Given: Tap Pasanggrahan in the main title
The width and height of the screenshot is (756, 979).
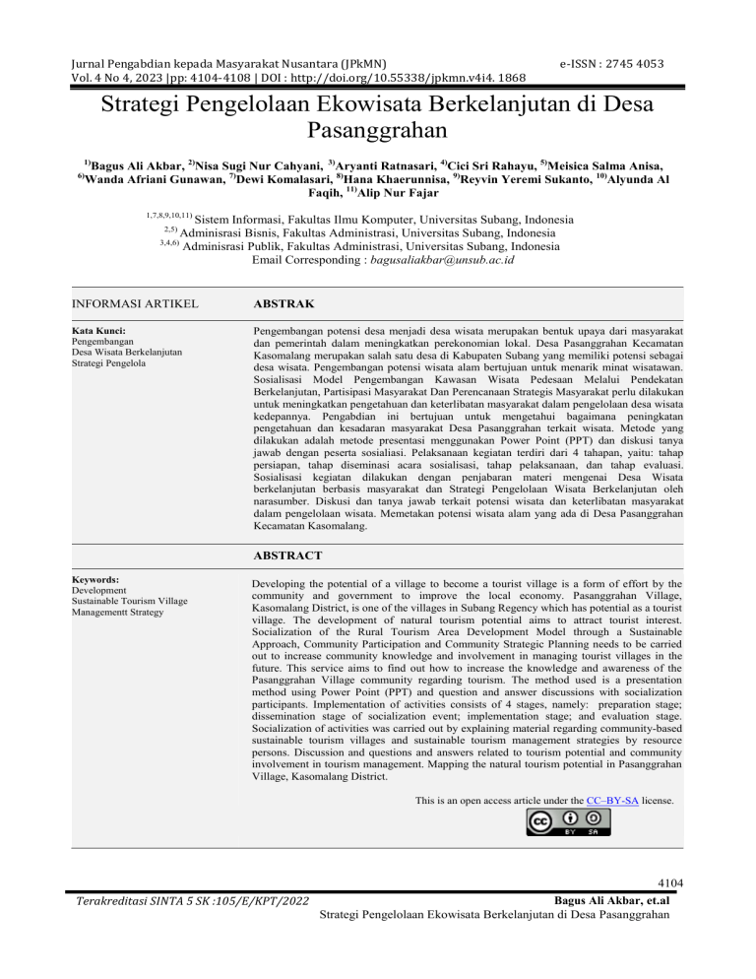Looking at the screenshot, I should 378,128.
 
